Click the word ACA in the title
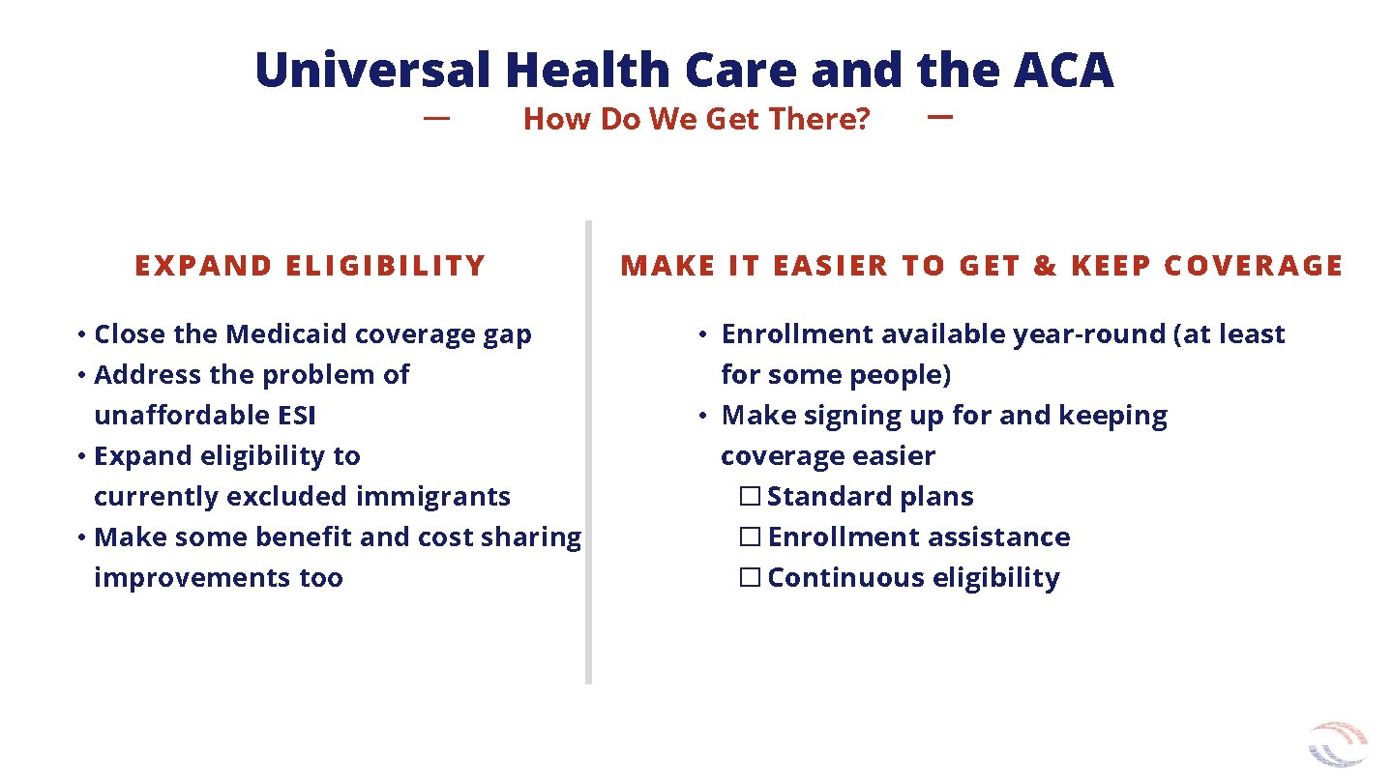[x=1064, y=71]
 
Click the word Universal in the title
[x=374, y=71]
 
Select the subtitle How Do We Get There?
[x=696, y=119]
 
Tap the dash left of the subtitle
[x=437, y=118]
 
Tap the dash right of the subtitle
[x=939, y=117]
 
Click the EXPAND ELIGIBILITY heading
[x=310, y=266]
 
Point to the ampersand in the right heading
[x=1045, y=266]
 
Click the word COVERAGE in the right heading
[x=1254, y=266]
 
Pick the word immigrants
[x=432, y=497]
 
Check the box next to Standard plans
[x=750, y=497]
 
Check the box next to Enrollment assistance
[x=750, y=537]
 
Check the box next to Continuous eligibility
[x=750, y=578]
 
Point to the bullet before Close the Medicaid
[x=84, y=335]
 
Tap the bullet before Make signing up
[x=706, y=417]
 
